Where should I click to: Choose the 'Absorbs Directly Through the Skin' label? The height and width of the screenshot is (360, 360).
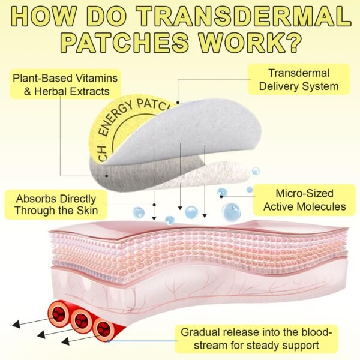57,205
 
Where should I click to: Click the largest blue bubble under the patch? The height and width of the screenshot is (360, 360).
231,211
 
